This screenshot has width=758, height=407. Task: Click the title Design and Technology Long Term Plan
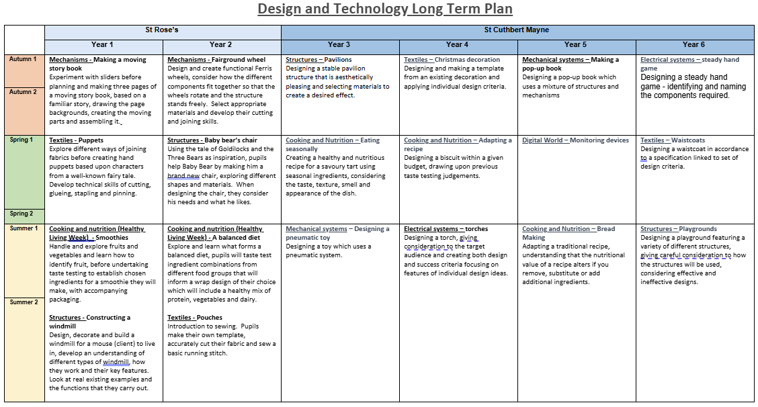(x=385, y=9)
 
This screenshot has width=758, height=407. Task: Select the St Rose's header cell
(x=162, y=30)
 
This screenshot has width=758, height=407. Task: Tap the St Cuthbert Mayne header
(x=517, y=30)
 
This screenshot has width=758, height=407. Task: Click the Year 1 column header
(x=103, y=44)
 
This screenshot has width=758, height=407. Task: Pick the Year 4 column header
(x=458, y=44)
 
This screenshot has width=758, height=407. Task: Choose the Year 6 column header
(x=693, y=44)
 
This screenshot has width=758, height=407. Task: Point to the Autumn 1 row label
(x=24, y=59)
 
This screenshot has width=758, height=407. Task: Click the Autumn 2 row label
(x=24, y=91)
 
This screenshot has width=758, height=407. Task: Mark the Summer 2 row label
(x=24, y=302)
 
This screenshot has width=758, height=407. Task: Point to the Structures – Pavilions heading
(x=319, y=60)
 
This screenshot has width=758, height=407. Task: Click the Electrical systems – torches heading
(x=446, y=229)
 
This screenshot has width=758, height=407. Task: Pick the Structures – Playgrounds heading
(x=679, y=229)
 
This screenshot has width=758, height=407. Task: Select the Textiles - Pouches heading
(x=195, y=318)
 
